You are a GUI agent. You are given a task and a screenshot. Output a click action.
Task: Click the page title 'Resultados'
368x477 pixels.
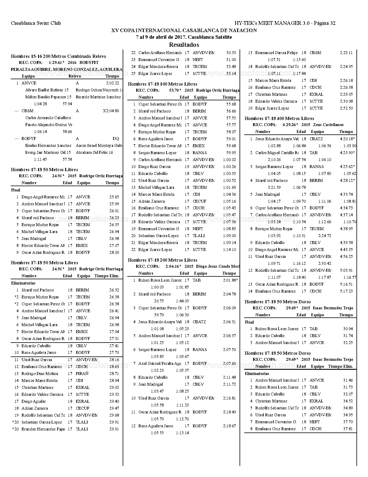(x=184, y=45)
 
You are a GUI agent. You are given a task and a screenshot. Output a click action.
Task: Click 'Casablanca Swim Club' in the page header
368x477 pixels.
(x=36, y=23)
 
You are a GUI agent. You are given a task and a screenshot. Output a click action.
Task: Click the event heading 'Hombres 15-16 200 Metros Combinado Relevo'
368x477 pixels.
(x=58, y=56)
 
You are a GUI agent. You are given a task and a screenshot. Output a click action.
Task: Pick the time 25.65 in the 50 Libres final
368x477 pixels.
(x=114, y=197)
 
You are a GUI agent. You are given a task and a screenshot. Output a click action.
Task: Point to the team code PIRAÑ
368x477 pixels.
(x=82, y=374)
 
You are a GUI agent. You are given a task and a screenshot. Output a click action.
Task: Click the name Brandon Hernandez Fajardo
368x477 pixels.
(x=43, y=429)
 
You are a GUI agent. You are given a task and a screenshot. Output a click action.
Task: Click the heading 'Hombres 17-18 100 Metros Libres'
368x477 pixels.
(x=162, y=84)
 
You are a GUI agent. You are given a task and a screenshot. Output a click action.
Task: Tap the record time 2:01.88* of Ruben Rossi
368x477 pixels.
(x=230, y=280)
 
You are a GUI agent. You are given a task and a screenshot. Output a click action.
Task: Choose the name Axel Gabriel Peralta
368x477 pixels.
(x=160, y=363)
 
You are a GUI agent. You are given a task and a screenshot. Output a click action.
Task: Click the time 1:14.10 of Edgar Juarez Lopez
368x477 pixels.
(x=229, y=249)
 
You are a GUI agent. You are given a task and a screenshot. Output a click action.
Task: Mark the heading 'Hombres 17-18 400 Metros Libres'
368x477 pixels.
(x=279, y=119)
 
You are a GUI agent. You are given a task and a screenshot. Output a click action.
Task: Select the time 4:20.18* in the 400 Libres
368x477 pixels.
(x=347, y=139)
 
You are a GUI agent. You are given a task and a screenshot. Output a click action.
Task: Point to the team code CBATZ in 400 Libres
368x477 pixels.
(x=316, y=139)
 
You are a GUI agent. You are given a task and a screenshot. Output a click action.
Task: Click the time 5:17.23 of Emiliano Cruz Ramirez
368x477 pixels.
(x=346, y=291)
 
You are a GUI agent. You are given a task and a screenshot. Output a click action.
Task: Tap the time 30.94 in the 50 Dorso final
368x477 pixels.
(x=348, y=329)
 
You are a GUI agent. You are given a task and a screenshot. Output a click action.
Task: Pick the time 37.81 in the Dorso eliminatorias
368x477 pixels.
(x=348, y=429)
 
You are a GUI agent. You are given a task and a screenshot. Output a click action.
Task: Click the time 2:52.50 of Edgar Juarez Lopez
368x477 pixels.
(x=346, y=108)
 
